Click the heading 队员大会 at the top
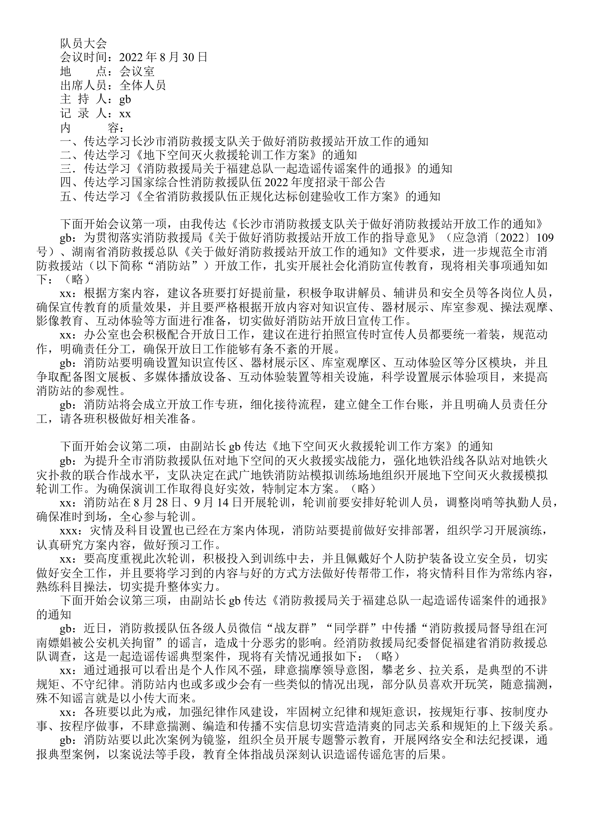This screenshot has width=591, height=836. click(83, 43)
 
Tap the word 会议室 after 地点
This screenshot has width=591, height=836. click(137, 71)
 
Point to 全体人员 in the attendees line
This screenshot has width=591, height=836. click(143, 85)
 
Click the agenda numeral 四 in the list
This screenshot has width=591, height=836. click(65, 182)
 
